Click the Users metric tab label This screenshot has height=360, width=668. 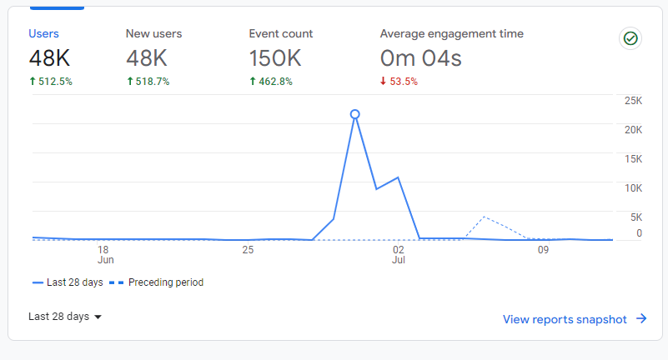pos(43,34)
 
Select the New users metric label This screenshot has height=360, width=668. pos(153,34)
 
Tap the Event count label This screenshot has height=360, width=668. pos(281,34)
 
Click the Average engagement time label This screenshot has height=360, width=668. pos(451,34)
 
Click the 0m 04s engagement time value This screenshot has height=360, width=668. pos(420,58)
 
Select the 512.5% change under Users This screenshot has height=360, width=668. pos(50,82)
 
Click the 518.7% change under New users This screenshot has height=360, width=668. pos(148,82)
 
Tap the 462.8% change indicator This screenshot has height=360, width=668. pos(271,82)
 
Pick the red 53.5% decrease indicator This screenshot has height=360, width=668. pos(399,82)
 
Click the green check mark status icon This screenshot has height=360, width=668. pos(630,38)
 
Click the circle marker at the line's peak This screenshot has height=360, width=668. pos(354,114)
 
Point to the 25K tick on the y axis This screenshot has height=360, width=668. pos(632,101)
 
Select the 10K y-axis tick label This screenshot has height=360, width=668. pos(632,188)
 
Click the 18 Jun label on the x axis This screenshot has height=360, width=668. pos(103,254)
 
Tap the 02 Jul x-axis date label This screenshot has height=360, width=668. pos(399,254)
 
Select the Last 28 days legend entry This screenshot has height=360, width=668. pos(68,282)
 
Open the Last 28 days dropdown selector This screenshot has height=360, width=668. pos(65,317)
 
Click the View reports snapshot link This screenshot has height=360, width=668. pos(575,319)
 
